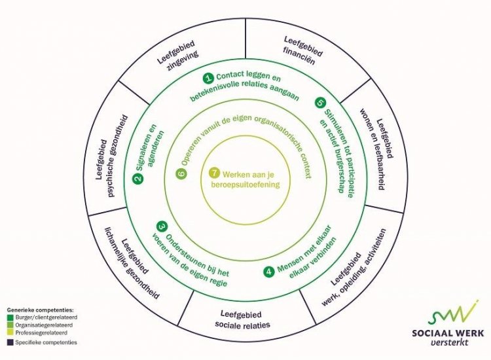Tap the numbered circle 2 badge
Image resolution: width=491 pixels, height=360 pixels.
tap(137, 179)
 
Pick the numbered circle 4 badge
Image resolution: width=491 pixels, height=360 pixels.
tap(269, 271)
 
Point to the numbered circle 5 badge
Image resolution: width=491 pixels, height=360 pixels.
tap(319, 103)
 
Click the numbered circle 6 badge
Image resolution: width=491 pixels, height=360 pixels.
tap(182, 173)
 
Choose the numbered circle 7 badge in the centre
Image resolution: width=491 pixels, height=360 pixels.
tap(213, 173)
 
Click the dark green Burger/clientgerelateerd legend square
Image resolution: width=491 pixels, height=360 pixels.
tap(10, 315)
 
